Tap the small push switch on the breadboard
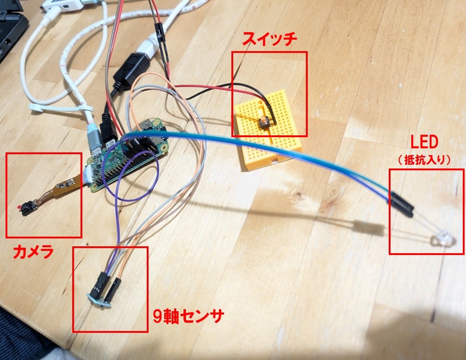[265, 122]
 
